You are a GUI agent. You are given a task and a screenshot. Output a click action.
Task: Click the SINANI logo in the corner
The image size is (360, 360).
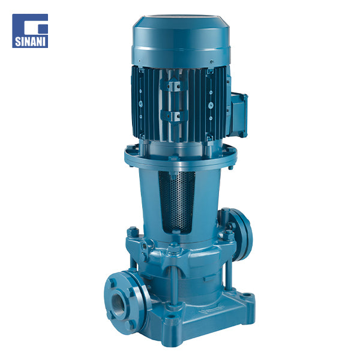30,31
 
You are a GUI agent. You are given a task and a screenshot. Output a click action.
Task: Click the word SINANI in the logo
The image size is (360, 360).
30,41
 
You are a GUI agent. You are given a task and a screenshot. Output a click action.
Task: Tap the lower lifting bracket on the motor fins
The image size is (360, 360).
174,116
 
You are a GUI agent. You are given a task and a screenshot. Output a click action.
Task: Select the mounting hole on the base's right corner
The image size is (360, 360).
247,295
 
